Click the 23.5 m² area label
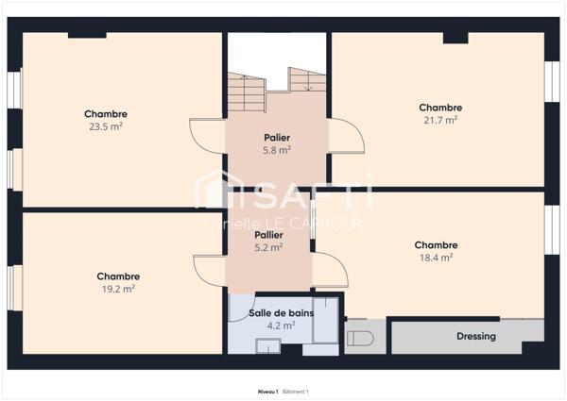pyautogui.click(x=106, y=125)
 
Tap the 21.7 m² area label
pyautogui.click(x=440, y=120)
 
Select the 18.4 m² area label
pyautogui.click(x=436, y=257)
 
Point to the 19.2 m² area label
pyautogui.click(x=118, y=289)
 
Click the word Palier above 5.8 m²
pyautogui.click(x=276, y=138)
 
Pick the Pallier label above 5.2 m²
pyautogui.click(x=268, y=235)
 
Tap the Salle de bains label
pyautogui.click(x=281, y=313)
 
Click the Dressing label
pyautogui.click(x=476, y=337)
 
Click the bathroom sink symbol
pyautogui.click(x=267, y=347)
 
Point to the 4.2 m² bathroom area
pyautogui.click(x=281, y=326)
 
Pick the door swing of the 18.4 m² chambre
pyautogui.click(x=331, y=270)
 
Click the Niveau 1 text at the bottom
pyautogui.click(x=268, y=391)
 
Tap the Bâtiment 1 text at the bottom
pyautogui.click(x=296, y=391)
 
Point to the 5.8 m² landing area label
pyautogui.click(x=276, y=150)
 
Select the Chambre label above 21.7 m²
pyautogui.click(x=440, y=108)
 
